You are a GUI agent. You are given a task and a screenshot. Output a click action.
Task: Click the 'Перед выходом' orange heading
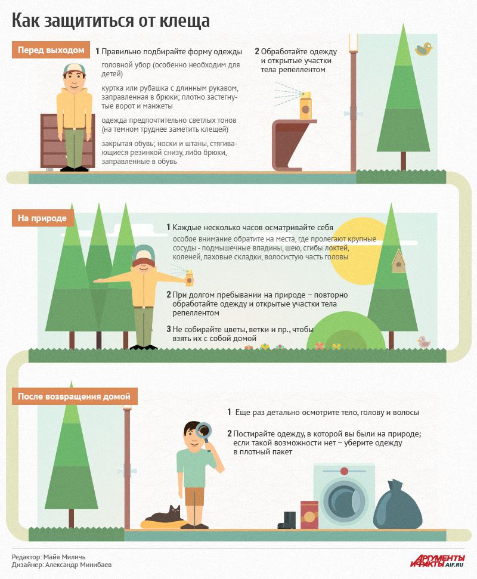pyautogui.click(x=51, y=50)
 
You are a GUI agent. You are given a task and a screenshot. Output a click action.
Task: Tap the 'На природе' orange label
pyautogui.click(x=42, y=218)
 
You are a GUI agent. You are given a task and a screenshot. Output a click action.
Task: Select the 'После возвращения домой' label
pyautogui.click(x=74, y=396)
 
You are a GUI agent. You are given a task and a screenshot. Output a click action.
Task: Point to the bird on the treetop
pyautogui.click(x=423, y=49)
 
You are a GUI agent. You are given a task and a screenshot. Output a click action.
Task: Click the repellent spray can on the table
pyautogui.click(x=305, y=106)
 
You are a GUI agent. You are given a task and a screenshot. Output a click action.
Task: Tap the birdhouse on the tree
pyautogui.click(x=398, y=261)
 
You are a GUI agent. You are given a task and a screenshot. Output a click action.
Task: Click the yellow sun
pyautogui.click(x=357, y=251)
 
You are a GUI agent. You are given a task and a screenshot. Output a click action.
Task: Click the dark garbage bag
pyautogui.click(x=397, y=506)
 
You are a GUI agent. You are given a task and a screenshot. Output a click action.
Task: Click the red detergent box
pyautogui.click(x=309, y=515)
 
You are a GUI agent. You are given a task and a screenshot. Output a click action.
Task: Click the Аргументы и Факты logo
pyautogui.click(x=438, y=561)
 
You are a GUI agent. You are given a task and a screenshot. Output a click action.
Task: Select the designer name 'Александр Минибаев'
pyautogui.click(x=78, y=565)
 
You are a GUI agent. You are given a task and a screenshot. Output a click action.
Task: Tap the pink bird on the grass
pyautogui.click(x=424, y=342)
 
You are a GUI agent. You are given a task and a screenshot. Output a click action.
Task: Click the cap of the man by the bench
pyautogui.click(x=74, y=69)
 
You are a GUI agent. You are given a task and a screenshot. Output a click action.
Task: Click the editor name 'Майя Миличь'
pyautogui.click(x=64, y=557)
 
